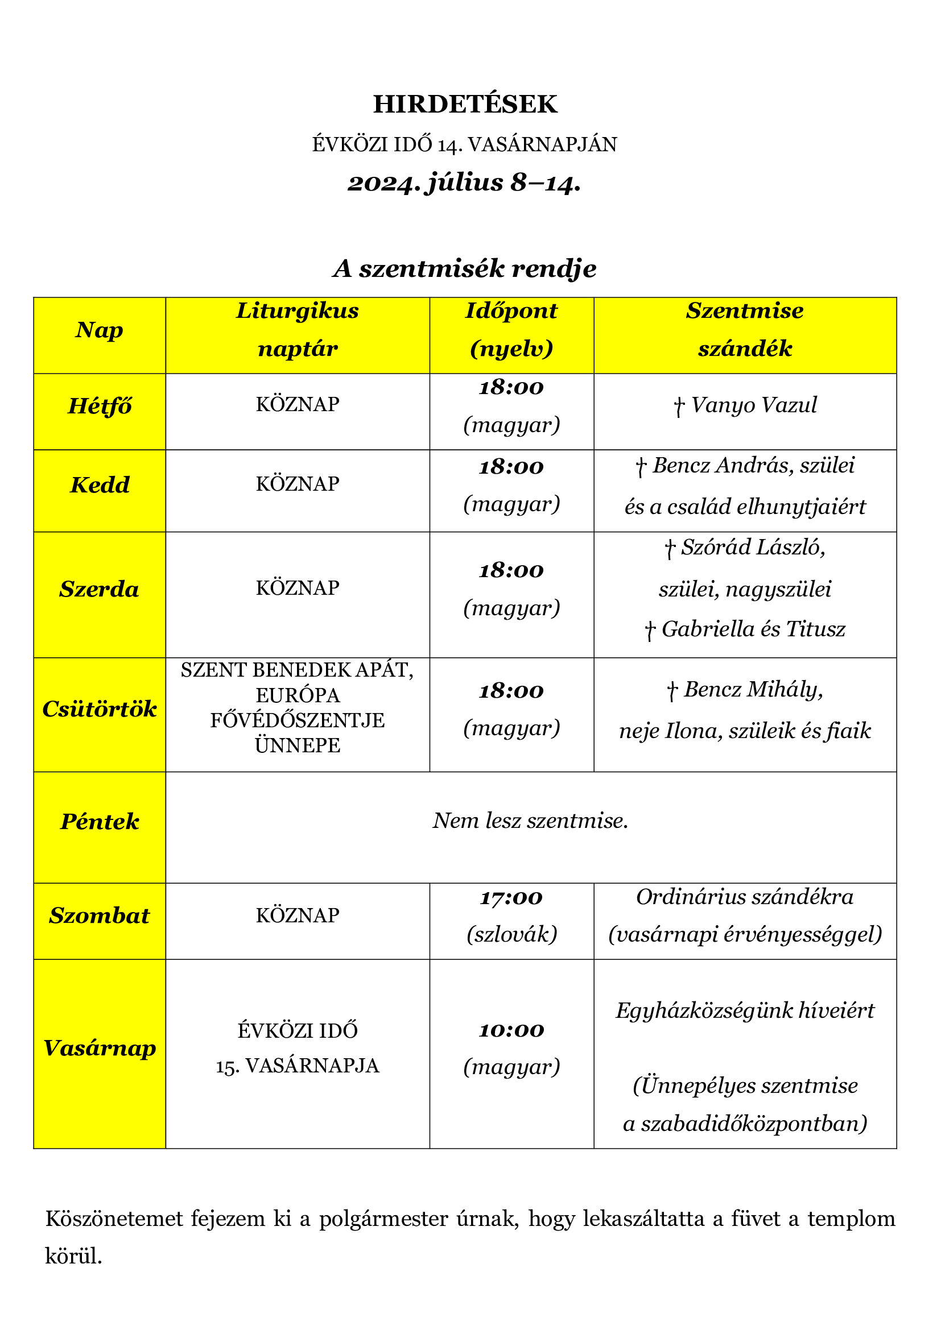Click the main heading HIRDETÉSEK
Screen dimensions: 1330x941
[x=465, y=104]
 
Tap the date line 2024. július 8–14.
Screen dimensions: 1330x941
[x=464, y=183]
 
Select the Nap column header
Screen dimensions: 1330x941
[x=99, y=330]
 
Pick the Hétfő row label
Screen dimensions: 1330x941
[x=100, y=406]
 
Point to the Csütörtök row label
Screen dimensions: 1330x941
[x=100, y=709]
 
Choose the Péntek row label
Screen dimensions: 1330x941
[x=100, y=822]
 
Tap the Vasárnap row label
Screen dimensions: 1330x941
[x=100, y=1048]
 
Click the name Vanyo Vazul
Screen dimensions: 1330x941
[x=753, y=405]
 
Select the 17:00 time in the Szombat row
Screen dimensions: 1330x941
[x=511, y=898]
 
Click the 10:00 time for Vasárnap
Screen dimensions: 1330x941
[x=511, y=1030]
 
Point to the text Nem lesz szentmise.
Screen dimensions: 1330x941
[x=530, y=821]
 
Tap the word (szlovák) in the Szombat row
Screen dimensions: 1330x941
[x=511, y=934]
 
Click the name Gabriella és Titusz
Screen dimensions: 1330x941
[x=753, y=629]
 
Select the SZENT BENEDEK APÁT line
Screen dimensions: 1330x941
[x=297, y=670]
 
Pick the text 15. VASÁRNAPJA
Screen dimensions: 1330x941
[x=297, y=1066]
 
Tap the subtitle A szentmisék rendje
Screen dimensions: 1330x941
[x=465, y=269]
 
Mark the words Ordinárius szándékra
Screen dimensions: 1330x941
[x=745, y=897]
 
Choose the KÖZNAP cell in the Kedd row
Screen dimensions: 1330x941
[x=297, y=484]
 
